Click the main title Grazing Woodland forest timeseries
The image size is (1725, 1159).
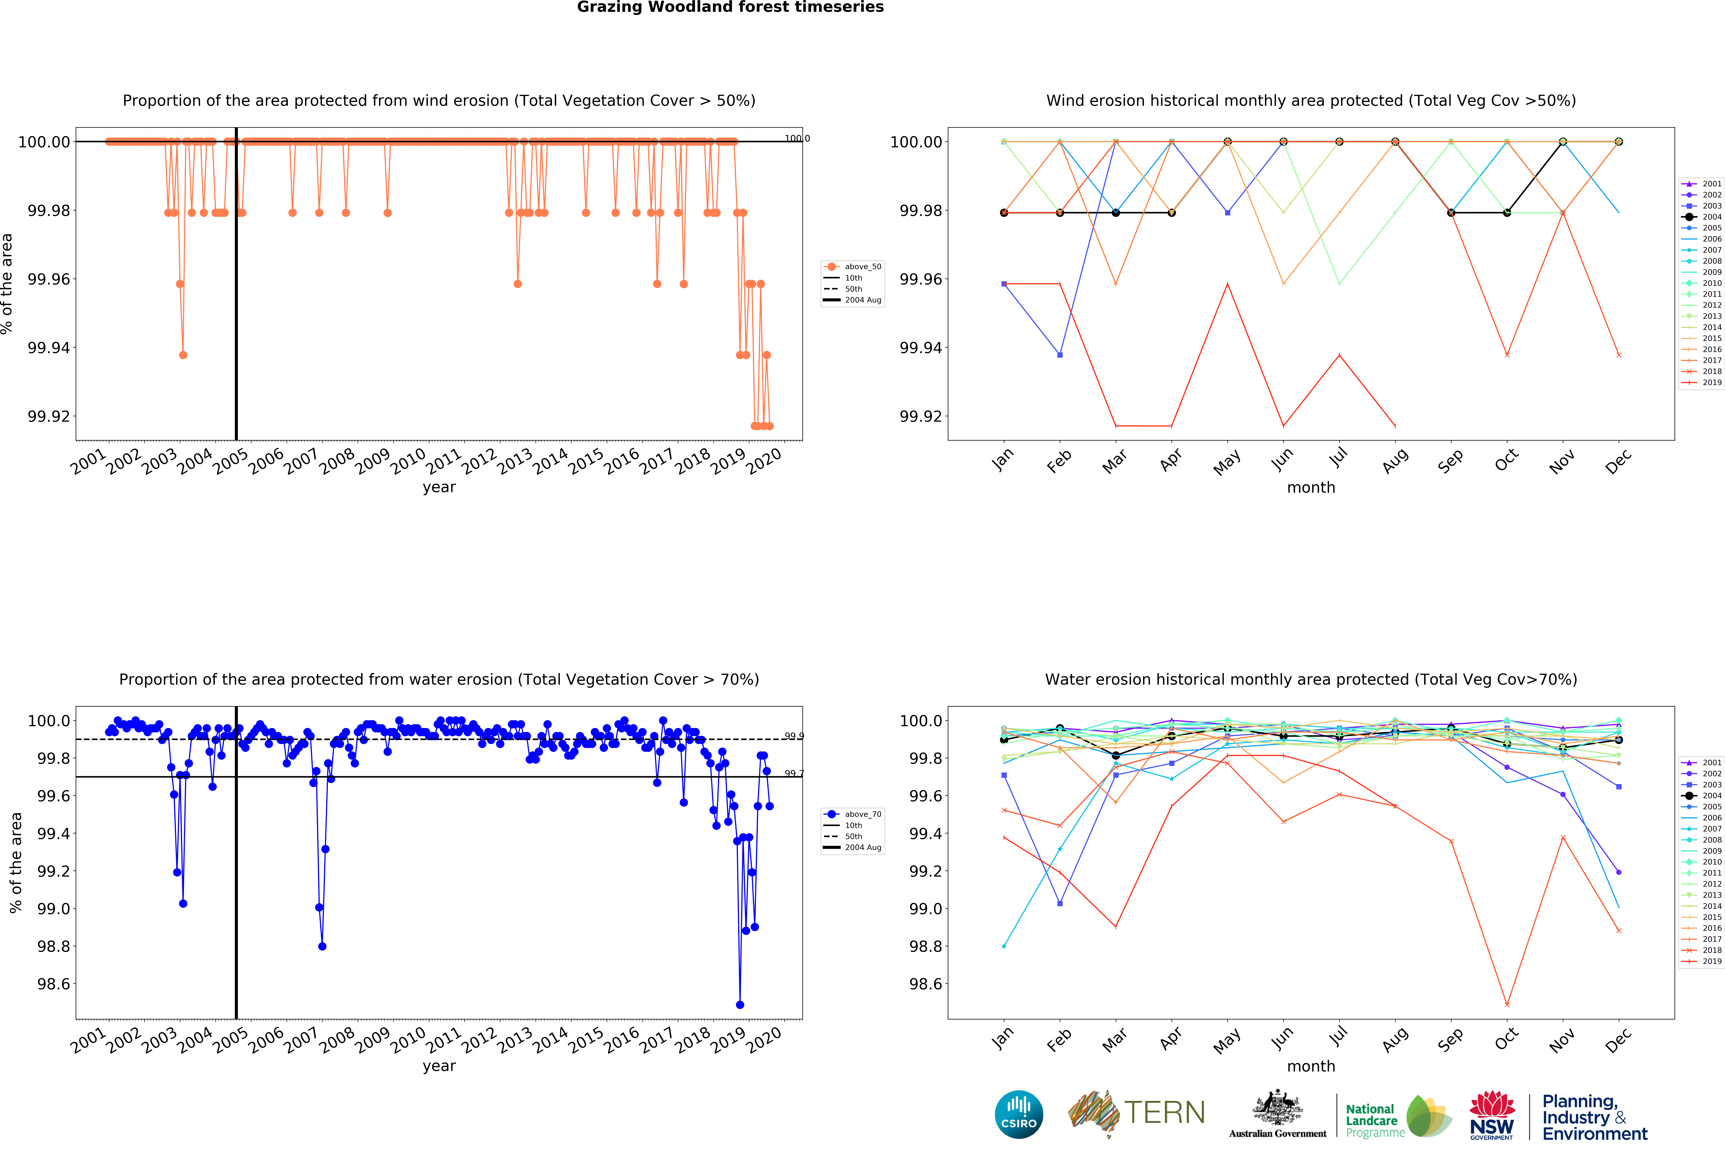(x=730, y=7)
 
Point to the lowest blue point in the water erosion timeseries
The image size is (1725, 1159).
(x=740, y=1005)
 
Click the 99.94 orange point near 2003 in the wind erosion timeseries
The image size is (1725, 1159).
(x=183, y=355)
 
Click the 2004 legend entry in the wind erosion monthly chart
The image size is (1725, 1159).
(x=1703, y=216)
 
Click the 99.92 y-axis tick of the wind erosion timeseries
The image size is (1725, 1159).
(x=49, y=416)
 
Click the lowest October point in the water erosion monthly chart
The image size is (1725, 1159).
(x=1507, y=1005)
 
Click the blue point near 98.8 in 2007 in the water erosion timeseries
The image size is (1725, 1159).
(x=322, y=946)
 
